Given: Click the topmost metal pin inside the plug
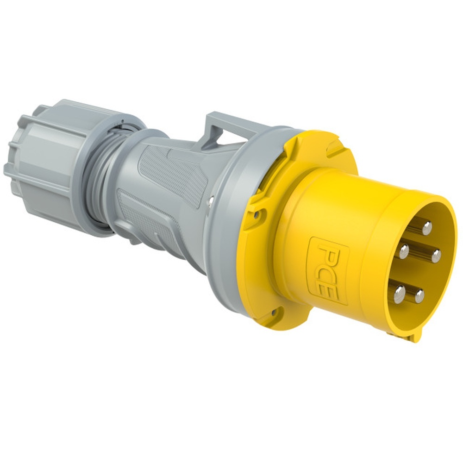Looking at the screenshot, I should click(427, 227).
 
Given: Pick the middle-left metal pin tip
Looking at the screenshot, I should click(404, 251).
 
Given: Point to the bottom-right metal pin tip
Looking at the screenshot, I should click(419, 295).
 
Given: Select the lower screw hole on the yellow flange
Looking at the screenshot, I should click(273, 313).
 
